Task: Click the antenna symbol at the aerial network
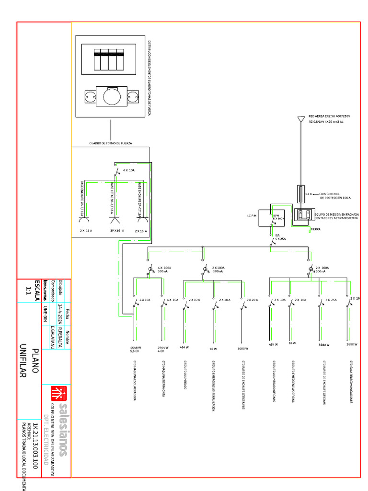tap(300, 119)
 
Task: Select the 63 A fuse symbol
tap(300, 194)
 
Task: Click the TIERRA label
tap(315, 230)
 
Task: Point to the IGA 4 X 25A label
tap(279, 237)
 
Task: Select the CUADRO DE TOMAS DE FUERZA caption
tap(111, 143)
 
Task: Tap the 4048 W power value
tap(136, 347)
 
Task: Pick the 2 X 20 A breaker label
tap(252, 299)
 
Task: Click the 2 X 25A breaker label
tap(331, 299)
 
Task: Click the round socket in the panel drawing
tap(111, 95)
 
